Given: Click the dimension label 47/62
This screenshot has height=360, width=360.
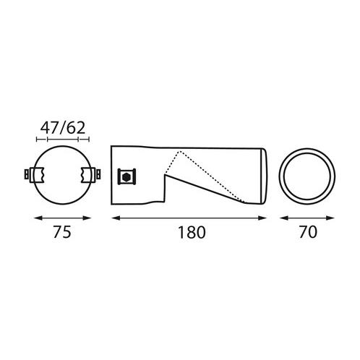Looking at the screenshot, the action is [63, 128].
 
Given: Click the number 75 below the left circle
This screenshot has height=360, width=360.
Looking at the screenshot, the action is [62, 232].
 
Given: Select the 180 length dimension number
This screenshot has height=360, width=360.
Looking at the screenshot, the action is [192, 232].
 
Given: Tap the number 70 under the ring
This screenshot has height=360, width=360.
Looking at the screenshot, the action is [308, 232].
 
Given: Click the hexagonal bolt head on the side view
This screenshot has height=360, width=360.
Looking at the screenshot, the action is [127, 177].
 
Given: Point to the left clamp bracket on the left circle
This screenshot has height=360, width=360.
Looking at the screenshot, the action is [37, 175].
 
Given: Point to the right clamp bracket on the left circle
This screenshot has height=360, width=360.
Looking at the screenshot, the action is [88, 174].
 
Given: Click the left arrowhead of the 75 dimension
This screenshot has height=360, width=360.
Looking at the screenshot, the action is [38, 218].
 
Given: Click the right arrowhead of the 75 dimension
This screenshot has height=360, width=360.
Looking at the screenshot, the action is [87, 218].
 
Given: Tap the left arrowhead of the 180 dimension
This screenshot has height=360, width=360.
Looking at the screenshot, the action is [116, 218].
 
